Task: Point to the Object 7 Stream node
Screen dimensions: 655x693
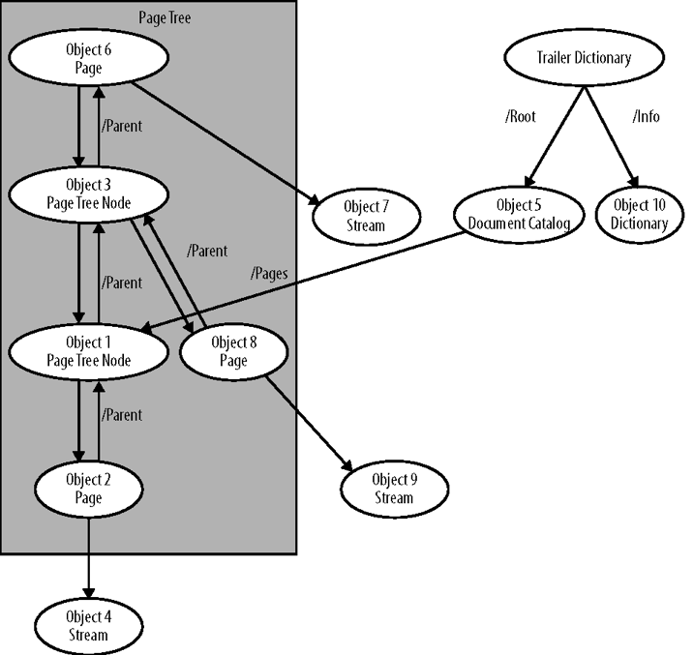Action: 365,216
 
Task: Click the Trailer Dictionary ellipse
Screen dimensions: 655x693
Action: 583,58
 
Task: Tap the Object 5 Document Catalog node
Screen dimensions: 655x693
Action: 519,215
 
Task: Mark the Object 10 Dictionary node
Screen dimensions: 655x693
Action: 640,215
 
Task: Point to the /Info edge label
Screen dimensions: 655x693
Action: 647,117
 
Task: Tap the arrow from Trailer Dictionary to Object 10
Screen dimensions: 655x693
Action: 609,135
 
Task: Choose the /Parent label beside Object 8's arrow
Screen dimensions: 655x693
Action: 207,251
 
